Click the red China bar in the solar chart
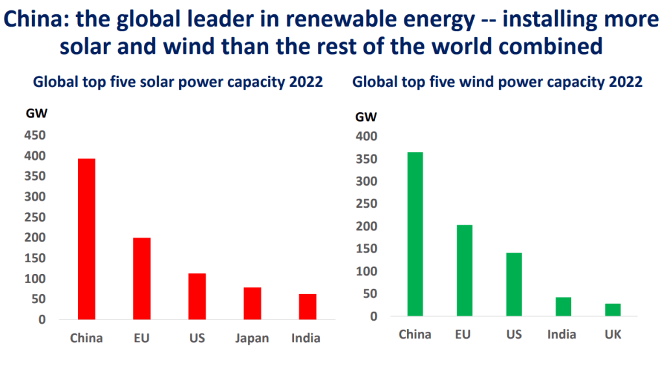[x=86, y=239]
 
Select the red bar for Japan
[x=252, y=303]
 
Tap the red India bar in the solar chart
[x=308, y=306]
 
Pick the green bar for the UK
[x=613, y=310]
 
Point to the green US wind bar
[x=513, y=284]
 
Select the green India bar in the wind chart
[x=563, y=306]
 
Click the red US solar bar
[x=197, y=296]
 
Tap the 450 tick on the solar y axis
[x=36, y=135]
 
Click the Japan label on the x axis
[x=252, y=338]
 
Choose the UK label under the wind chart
[x=613, y=335]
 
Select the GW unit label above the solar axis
[x=36, y=113]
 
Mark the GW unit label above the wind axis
[x=367, y=117]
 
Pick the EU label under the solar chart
[x=141, y=338]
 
